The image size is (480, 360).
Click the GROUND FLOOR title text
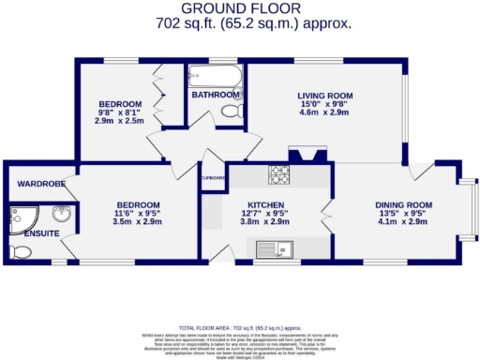tap(239, 7)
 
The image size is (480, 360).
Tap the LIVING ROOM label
tap(323, 96)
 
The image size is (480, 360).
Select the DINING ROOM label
tap(403, 205)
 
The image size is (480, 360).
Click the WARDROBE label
tap(36, 183)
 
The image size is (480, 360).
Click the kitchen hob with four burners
tap(279, 174)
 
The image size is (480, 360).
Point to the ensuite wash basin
tap(58, 213)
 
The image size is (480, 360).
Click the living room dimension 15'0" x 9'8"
tap(323, 105)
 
